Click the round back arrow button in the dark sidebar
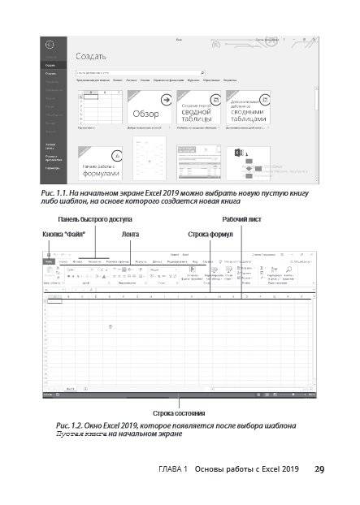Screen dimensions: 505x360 [x=50, y=44]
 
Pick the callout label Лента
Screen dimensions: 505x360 [x=130, y=235]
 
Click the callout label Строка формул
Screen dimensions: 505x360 [x=210, y=235]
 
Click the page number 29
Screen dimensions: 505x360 [x=319, y=469]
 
